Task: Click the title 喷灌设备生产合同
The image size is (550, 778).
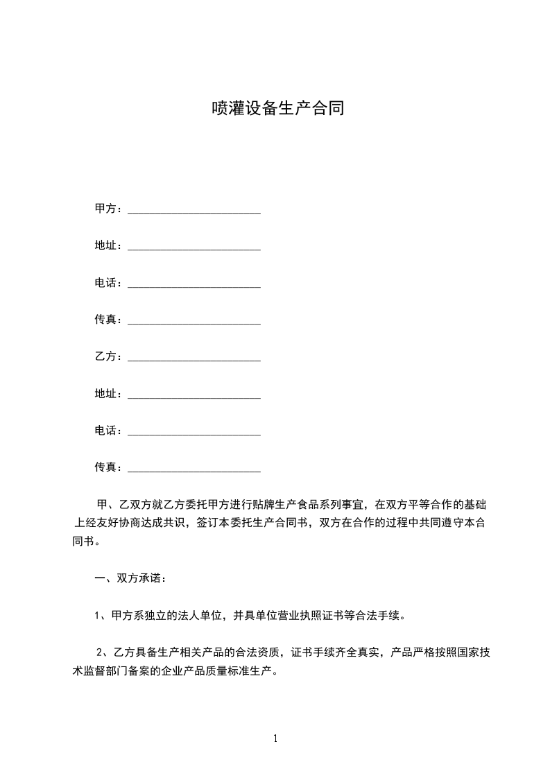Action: click(277, 108)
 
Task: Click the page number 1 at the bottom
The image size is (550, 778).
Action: click(275, 738)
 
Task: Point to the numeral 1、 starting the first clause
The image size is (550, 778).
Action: click(100, 614)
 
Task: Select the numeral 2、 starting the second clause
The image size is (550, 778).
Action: click(102, 651)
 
